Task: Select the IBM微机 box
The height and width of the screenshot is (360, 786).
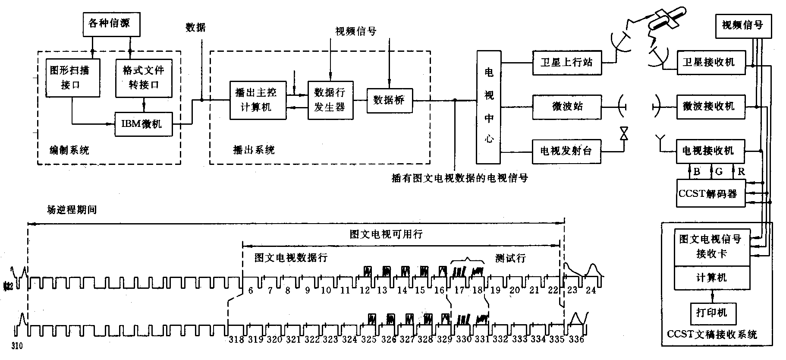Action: coord(143,124)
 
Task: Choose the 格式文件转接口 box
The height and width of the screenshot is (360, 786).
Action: coord(144,78)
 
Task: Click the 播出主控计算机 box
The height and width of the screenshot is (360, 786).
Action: coord(257,100)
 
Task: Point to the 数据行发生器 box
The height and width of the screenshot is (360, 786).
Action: coord(330,100)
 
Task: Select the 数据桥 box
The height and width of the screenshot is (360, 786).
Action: coord(389,101)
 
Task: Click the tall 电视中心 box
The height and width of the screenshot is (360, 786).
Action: coord(488,107)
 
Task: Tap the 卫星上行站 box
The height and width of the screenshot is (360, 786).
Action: coord(566,63)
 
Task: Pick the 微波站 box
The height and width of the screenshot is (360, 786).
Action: coord(566,107)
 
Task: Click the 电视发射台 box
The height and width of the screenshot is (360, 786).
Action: coord(566,151)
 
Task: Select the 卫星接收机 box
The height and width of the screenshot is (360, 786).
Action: coord(711,63)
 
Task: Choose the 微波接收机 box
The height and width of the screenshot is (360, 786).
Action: coord(711,107)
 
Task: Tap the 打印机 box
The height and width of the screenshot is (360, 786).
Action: coord(711,312)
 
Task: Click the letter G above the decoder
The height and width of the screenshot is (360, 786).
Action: coord(719,171)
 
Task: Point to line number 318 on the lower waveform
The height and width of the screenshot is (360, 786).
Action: coord(236,339)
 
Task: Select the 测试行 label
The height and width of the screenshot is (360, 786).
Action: coord(510,258)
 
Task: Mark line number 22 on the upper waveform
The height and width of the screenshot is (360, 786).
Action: coord(553,290)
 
